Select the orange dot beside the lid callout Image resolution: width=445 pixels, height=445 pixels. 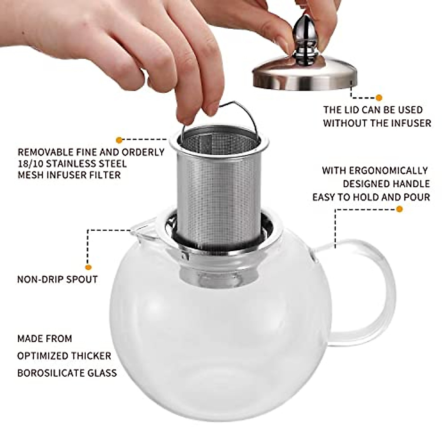pos(379,98)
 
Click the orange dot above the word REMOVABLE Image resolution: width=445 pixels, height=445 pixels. pos(119,140)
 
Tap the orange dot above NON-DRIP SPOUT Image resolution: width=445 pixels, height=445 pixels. pos(88,267)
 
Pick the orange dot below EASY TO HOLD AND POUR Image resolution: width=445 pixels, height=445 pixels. pos(399,209)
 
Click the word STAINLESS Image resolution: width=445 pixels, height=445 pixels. pos(72,164)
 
